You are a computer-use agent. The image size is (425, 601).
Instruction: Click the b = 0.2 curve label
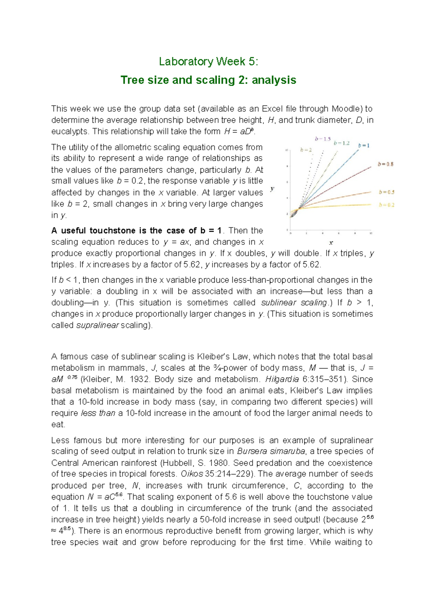point(386,205)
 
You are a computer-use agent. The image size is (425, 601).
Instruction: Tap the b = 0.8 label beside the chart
point(385,164)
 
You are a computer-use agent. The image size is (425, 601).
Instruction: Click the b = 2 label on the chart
point(306,150)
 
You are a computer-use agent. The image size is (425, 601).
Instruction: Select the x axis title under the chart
point(331,243)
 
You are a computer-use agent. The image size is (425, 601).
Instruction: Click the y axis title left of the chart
point(272,189)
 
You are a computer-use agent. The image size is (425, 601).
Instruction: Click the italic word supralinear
point(97,325)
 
